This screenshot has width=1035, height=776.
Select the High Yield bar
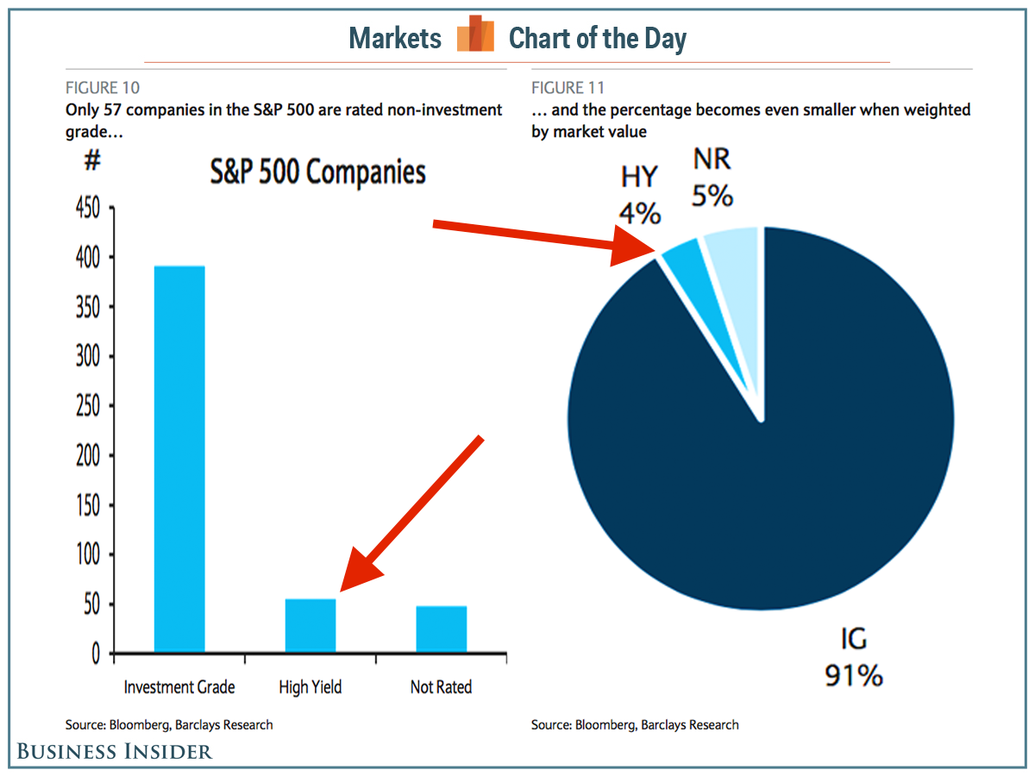point(310,625)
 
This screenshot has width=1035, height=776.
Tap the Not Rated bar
point(442,629)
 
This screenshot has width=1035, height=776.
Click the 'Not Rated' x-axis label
point(442,687)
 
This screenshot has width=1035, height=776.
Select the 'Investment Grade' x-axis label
point(179,687)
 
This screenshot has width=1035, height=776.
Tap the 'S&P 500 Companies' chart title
point(318,172)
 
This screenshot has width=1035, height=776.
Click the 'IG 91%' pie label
point(854,657)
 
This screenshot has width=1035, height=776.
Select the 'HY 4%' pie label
point(640,196)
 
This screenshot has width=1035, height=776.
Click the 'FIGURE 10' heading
point(103,88)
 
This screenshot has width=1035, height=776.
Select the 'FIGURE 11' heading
point(568,88)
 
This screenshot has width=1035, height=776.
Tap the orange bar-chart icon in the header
point(475,35)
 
